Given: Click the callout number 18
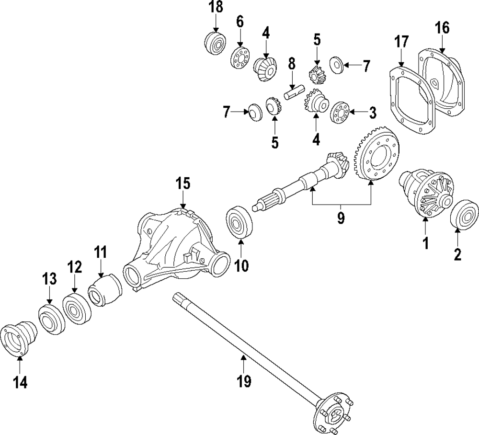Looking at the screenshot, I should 216,7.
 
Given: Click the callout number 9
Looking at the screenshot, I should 341,217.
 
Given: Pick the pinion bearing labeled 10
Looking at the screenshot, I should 238,221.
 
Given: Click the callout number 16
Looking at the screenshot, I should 442,28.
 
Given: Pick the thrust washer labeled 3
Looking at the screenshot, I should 340,112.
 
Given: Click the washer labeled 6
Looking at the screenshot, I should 239,58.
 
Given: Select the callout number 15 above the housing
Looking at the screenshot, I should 182,183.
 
